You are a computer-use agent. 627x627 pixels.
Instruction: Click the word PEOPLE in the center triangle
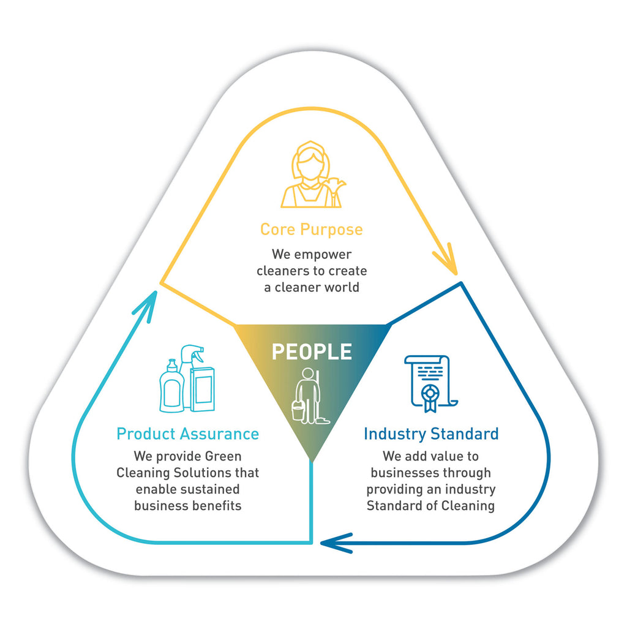[312, 352]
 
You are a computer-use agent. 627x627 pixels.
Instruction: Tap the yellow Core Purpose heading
[311, 230]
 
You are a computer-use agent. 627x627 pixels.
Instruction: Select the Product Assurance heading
[187, 434]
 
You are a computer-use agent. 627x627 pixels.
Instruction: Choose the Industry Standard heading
[431, 434]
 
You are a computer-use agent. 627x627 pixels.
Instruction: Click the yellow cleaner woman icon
[309, 175]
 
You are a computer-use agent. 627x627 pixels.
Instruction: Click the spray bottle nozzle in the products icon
[194, 353]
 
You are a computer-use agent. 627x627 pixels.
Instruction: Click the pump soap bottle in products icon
[171, 387]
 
